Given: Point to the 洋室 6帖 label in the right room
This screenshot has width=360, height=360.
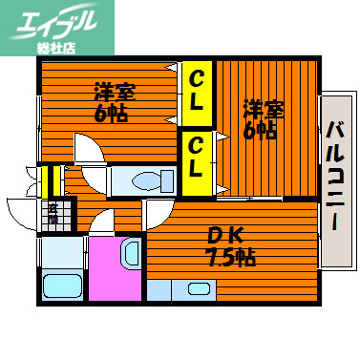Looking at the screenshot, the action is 259,119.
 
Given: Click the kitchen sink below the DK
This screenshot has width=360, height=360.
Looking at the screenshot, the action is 199,288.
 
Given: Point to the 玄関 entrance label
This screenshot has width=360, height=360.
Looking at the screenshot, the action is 53,215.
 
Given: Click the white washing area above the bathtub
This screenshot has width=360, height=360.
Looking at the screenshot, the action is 60,251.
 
